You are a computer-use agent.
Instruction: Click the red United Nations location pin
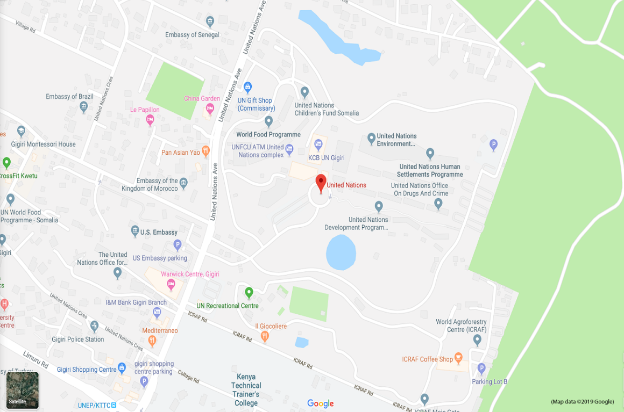[321, 183]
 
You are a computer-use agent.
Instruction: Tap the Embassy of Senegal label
[192, 35]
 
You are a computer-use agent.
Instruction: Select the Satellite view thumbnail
[22, 390]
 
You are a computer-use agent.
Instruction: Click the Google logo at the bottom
[321, 403]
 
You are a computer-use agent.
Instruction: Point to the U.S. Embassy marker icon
[135, 231]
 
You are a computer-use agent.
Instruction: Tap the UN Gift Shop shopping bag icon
[247, 86]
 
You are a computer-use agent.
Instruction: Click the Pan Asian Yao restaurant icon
[205, 151]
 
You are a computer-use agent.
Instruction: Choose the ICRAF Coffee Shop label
[428, 359]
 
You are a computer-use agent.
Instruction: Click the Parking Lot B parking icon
[481, 368]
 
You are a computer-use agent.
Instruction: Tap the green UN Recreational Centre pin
[249, 293]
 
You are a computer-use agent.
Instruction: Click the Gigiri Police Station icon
[95, 326]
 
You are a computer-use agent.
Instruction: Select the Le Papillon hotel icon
[151, 120]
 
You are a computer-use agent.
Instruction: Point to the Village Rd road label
[25, 27]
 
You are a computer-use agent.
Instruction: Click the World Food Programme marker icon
[269, 121]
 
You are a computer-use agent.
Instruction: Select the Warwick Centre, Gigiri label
[190, 274]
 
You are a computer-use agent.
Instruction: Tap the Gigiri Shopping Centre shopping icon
[122, 368]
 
